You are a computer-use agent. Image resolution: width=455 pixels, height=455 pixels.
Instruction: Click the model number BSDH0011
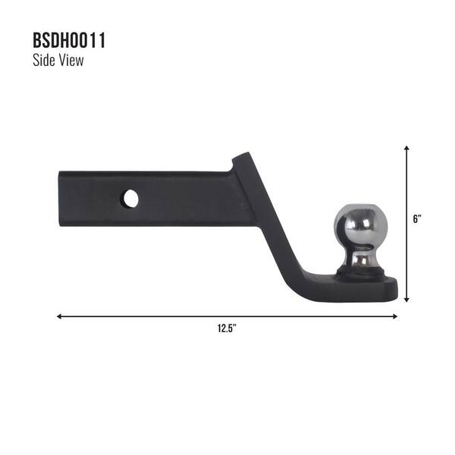coord(69,41)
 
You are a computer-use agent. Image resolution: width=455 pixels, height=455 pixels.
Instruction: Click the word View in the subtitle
coord(71,61)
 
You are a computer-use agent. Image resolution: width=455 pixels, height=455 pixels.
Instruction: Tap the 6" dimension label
coord(417,219)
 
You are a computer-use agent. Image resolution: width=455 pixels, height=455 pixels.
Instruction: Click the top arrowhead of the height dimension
coord(407,149)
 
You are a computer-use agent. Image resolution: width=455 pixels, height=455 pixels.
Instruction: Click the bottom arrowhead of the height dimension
coord(407,300)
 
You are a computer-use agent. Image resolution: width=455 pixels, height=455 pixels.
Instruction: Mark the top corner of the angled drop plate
coord(241,156)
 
